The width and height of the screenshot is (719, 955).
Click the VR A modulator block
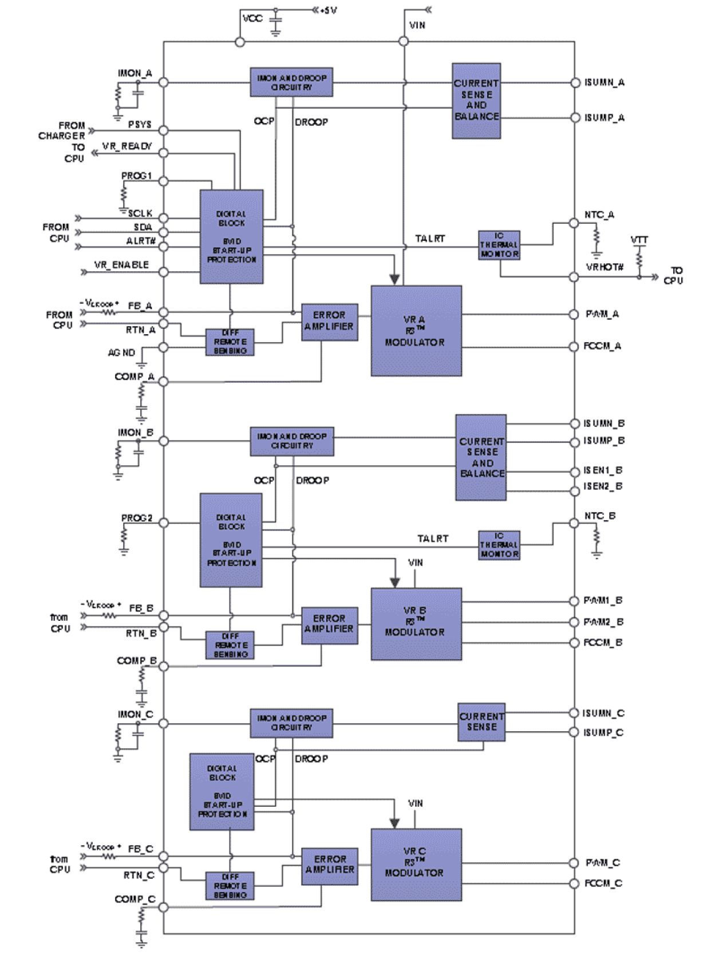[416, 331]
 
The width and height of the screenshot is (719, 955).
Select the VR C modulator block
[416, 864]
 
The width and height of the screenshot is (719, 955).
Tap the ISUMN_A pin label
[604, 82]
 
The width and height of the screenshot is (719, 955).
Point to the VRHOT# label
[605, 267]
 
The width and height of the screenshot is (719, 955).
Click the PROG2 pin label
[137, 518]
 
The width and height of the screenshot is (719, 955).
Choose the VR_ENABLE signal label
[121, 265]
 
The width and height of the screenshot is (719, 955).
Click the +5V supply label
[329, 10]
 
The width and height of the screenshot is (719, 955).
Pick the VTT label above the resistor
[639, 239]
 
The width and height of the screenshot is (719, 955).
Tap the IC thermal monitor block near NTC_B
[499, 545]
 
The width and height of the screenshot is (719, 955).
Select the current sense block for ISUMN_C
[481, 722]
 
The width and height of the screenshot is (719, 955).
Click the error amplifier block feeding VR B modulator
[329, 625]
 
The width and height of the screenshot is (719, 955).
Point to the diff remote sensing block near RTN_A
[230, 342]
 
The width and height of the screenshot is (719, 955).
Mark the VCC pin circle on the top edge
[240, 42]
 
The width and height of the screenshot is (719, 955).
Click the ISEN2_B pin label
[603, 486]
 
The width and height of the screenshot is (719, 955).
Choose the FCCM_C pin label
[603, 883]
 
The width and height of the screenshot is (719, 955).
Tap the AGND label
[121, 352]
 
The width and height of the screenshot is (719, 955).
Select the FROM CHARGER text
[63, 130]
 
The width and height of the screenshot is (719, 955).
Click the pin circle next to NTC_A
[574, 223]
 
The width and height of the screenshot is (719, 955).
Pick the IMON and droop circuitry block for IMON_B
[292, 441]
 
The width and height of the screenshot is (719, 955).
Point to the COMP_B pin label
[136, 660]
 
